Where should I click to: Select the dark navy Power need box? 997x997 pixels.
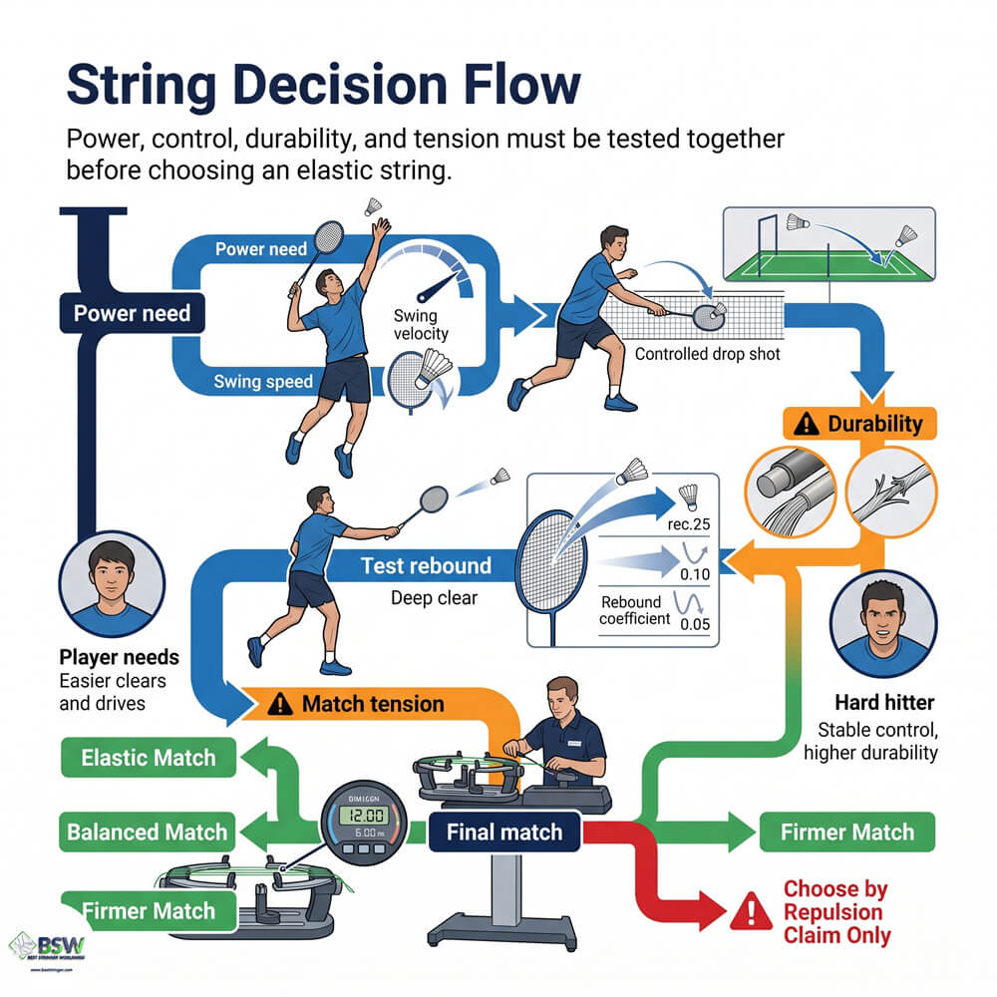[x=131, y=315]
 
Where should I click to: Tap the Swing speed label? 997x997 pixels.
[x=263, y=382]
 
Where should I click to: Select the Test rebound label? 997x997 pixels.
[x=426, y=566]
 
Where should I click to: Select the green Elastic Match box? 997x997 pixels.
[x=149, y=759]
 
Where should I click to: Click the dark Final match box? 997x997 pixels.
[x=503, y=832]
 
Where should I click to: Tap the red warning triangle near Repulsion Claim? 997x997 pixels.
[x=745, y=911]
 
